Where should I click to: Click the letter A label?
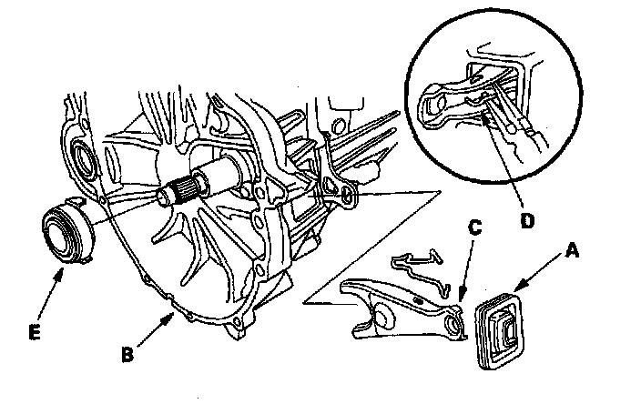point(572,248)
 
